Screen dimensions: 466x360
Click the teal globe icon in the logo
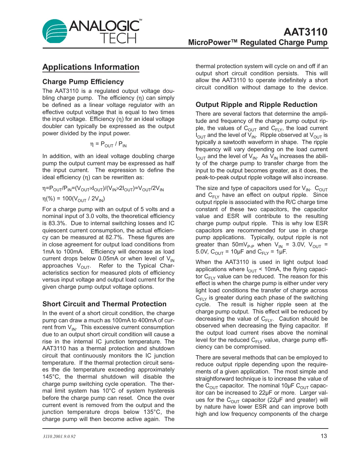click(55, 32)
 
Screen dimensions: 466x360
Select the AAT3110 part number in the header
click(305, 32)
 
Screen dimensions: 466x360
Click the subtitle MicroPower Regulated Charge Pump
click(258, 43)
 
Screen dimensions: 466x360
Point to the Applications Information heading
click(91, 67)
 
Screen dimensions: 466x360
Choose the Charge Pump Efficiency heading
click(83, 82)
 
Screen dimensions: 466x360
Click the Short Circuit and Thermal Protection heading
click(104, 304)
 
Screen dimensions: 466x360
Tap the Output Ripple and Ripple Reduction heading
click(256, 105)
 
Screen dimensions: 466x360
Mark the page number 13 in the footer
click(324, 436)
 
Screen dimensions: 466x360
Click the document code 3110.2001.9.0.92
click(59, 436)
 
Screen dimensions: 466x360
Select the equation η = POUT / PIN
click(108, 144)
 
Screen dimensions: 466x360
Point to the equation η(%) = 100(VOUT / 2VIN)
click(74, 199)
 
